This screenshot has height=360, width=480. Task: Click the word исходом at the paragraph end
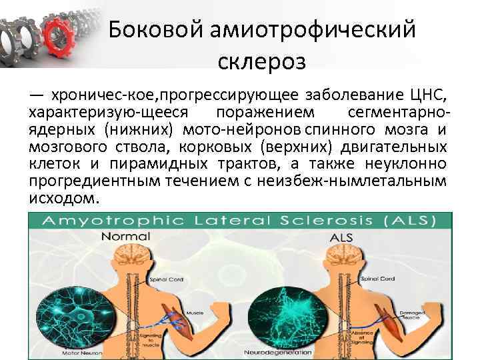(64, 199)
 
